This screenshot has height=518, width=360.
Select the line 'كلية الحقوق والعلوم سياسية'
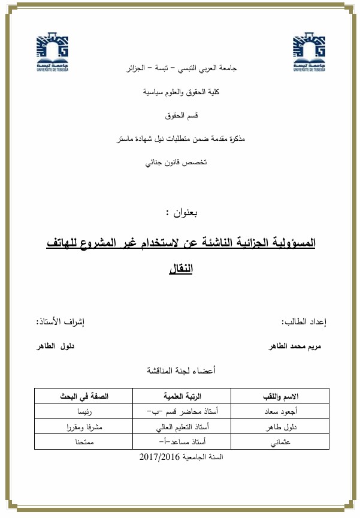click(183, 92)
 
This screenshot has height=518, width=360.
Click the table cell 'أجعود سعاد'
click(281, 413)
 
